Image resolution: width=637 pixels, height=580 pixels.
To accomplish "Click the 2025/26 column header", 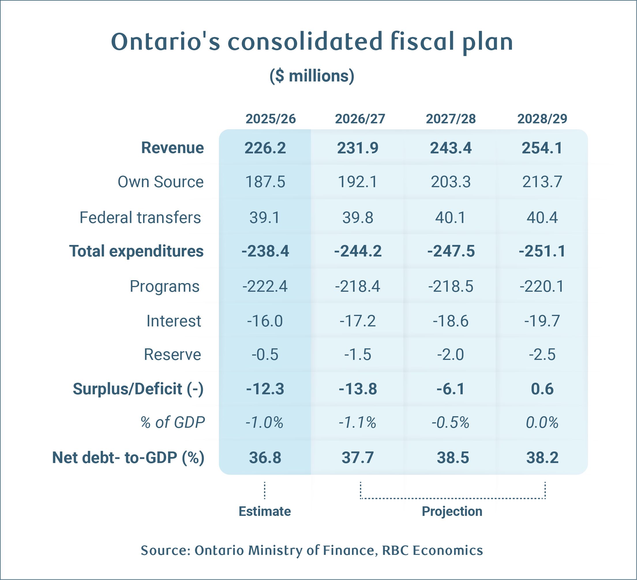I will point(271,119).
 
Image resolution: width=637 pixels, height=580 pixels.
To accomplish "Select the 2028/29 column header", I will point(542,119).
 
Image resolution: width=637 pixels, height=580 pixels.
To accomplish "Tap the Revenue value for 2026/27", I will point(358,148).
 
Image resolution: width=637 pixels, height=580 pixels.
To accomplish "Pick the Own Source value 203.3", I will point(451,182).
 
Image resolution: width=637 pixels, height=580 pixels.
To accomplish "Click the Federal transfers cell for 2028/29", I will point(542,218).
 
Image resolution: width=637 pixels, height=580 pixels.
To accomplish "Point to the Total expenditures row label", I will point(136,251).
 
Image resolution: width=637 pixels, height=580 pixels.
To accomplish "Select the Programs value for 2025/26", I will point(265,286).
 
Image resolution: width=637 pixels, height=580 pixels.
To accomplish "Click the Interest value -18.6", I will point(451,321).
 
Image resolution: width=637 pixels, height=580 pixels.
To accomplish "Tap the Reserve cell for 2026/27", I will point(358,354).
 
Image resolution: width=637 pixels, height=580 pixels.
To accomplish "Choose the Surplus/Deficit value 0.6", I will point(542,389).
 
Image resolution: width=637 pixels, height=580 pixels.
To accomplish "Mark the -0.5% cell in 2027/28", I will point(451,423).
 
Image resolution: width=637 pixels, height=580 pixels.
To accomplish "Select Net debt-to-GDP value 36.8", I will point(265,458).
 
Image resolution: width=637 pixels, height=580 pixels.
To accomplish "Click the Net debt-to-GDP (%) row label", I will point(128,458).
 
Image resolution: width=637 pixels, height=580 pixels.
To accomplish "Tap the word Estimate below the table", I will point(265,511).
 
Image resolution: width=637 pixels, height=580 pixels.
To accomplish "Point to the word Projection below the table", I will point(452,511).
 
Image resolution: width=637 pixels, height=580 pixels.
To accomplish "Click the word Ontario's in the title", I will point(166,42).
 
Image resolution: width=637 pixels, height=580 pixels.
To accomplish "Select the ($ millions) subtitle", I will point(312,76).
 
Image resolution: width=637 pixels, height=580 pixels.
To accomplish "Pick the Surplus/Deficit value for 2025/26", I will point(265,389).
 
